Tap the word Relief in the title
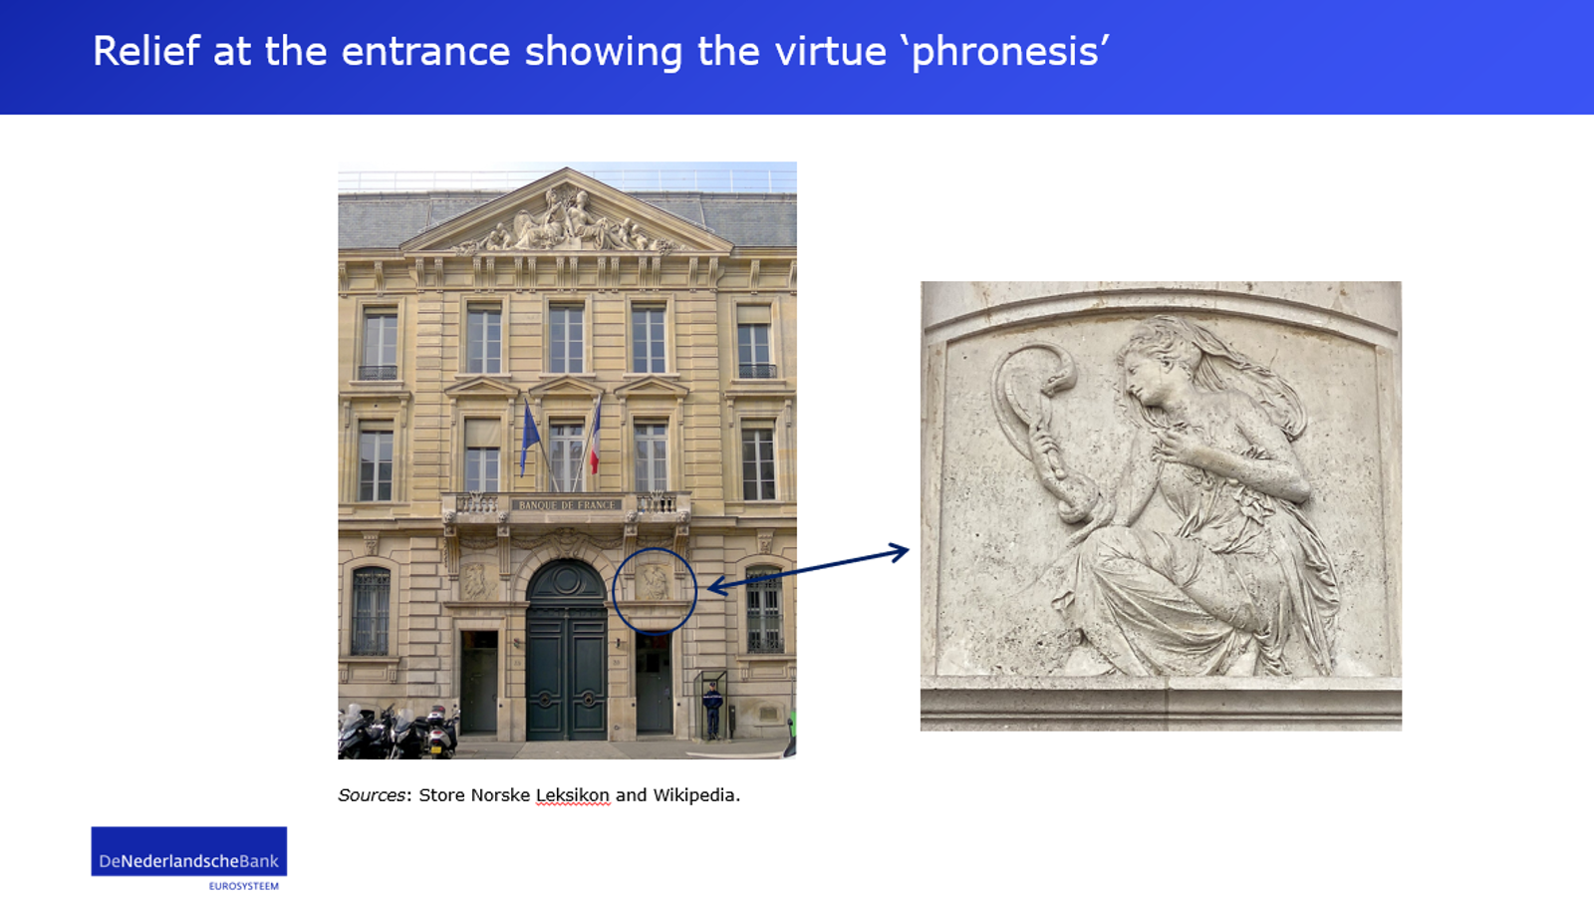tap(146, 51)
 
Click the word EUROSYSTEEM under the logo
tap(243, 886)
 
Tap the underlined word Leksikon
tap(572, 795)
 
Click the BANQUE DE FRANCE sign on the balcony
tap(567, 504)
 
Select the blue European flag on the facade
tap(529, 436)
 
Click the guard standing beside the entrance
tap(712, 711)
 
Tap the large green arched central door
tap(567, 651)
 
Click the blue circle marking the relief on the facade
tap(614, 591)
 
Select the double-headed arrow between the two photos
tap(808, 569)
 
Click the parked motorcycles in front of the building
tap(398, 732)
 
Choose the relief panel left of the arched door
tap(477, 580)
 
